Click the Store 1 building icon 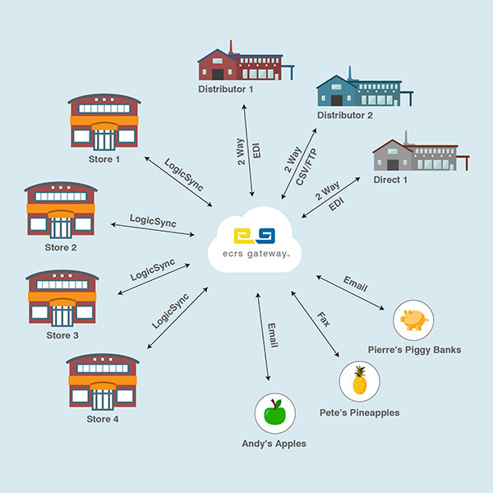click(104, 121)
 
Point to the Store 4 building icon click(103, 383)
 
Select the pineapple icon click(359, 382)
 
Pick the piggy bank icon click(413, 319)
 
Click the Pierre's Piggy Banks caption click(414, 350)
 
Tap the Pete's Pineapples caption click(359, 412)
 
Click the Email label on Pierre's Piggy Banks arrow click(355, 288)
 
